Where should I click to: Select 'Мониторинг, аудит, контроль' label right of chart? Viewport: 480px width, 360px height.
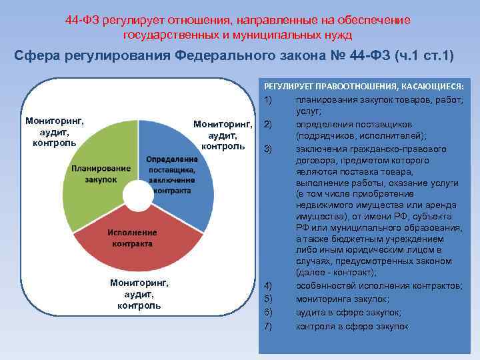[x=223, y=135]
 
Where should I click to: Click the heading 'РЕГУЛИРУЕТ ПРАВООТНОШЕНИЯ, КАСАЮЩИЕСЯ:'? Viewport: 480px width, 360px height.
[x=364, y=87]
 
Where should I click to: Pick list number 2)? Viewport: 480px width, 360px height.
[x=269, y=124]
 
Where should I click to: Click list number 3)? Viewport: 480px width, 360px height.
[x=269, y=148]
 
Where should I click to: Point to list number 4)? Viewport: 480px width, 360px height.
[x=269, y=285]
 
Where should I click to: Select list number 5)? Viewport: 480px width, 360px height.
[x=269, y=299]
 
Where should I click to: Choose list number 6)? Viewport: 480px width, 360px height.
[x=269, y=313]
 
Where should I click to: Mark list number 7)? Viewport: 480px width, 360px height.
[x=269, y=327]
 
